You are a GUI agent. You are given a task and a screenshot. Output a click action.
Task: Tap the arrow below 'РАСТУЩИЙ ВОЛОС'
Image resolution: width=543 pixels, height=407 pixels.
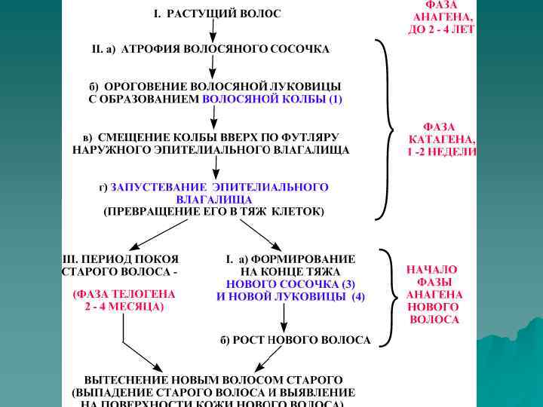click(213, 30)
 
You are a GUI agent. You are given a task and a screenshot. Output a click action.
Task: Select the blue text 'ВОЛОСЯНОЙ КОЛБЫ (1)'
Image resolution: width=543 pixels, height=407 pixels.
click(272, 99)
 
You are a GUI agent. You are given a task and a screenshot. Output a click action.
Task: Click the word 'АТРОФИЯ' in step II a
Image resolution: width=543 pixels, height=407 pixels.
click(150, 49)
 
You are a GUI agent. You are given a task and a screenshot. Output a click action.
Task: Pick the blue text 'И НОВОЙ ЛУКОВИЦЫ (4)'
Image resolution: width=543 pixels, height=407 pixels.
click(290, 297)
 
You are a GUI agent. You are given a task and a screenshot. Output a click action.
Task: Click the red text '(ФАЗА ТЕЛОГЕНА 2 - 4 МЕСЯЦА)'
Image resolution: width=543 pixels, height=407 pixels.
click(124, 300)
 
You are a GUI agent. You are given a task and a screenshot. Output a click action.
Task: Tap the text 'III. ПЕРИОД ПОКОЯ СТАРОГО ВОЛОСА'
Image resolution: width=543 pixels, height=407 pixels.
click(120, 265)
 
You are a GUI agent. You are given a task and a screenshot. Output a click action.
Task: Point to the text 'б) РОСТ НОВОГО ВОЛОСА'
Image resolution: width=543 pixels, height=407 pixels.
click(295, 340)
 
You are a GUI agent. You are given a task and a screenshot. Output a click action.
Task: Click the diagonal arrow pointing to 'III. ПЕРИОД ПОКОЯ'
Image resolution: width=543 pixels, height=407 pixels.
click(158, 236)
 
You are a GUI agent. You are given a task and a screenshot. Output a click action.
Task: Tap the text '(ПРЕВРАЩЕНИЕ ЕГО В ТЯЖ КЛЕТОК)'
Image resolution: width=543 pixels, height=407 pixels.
click(213, 212)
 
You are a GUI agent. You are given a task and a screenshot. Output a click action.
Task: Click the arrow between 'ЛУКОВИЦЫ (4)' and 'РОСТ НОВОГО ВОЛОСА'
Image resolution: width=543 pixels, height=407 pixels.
click(283, 318)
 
